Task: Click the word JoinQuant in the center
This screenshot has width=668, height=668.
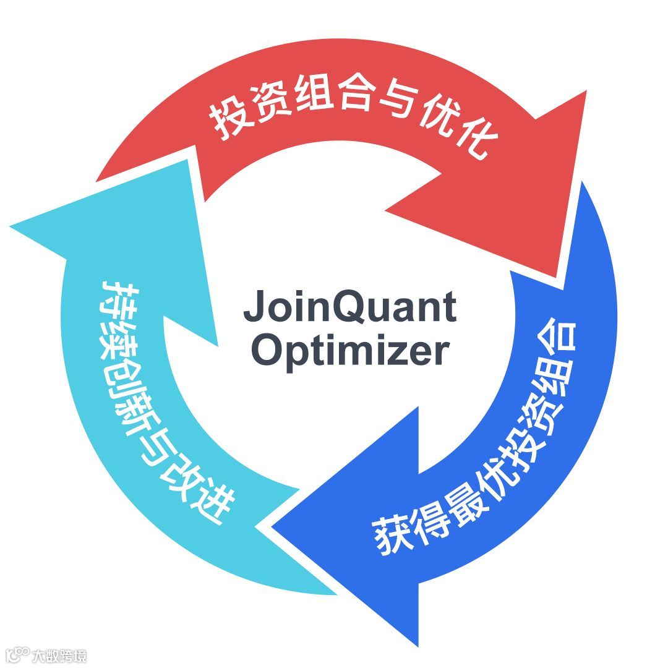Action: (x=350, y=307)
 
